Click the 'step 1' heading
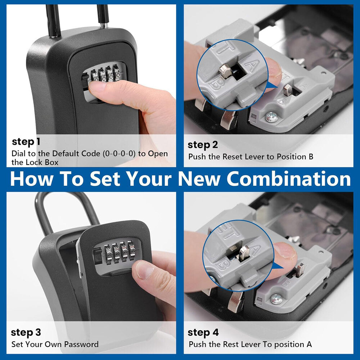tap(26, 141)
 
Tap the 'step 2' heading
tap(203, 145)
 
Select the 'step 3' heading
tap(26, 332)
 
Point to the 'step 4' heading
tap(203, 332)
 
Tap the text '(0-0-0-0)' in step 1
tap(119, 154)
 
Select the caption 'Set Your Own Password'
tap(55, 344)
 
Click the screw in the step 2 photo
tap(272, 116)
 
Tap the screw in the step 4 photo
tap(276, 298)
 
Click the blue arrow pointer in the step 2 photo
tap(273, 85)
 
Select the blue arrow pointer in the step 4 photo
tap(276, 267)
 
